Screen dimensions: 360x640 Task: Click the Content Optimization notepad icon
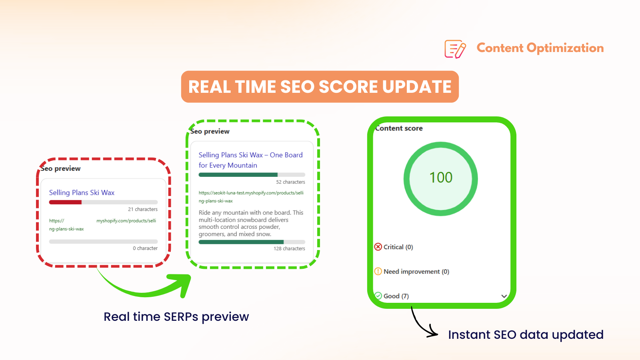point(455,49)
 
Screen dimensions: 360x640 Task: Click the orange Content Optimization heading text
point(540,48)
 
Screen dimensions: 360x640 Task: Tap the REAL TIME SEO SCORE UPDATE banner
point(320,87)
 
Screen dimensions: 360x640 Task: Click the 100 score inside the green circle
point(441,178)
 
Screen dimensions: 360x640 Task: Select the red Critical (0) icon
point(378,247)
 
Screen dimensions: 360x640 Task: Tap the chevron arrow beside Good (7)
point(504,296)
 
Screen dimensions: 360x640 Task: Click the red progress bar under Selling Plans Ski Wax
point(66,202)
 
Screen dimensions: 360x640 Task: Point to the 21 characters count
point(143,209)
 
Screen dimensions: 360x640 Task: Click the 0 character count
point(145,248)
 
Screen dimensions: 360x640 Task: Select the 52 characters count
point(290,182)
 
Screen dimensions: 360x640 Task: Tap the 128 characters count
point(289,249)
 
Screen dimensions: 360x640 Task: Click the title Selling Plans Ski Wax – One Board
point(250,155)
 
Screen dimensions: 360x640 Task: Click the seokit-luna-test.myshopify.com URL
point(251,193)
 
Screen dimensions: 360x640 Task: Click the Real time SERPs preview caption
point(176,317)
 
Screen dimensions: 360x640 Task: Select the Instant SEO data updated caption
point(526,335)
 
